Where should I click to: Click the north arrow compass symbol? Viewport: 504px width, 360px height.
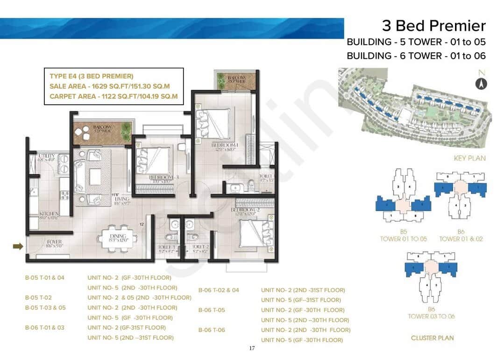[x=481, y=84]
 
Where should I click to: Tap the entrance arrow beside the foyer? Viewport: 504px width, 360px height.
[x=18, y=246]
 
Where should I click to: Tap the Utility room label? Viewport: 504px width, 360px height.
[x=47, y=156]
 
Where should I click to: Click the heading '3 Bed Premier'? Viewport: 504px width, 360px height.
[x=433, y=25]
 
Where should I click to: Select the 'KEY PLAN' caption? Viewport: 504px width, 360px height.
[x=469, y=158]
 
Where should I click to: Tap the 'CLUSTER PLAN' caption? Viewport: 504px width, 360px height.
[x=432, y=338]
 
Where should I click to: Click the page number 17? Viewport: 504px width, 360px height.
[x=252, y=348]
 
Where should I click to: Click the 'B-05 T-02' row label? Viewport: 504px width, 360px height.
[x=38, y=297]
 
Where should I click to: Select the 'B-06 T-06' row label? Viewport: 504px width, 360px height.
[x=212, y=330]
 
